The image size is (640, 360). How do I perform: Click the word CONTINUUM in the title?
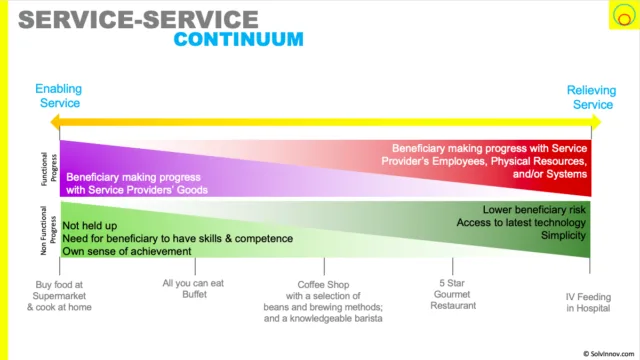(x=238, y=40)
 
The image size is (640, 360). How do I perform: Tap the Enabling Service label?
(x=59, y=96)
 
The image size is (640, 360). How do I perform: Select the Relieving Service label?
(x=592, y=98)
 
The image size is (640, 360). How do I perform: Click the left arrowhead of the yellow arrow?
(x=55, y=122)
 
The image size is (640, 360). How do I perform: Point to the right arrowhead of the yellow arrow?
(x=596, y=122)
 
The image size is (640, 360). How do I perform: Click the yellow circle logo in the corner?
(x=624, y=15)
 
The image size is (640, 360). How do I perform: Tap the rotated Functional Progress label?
(x=49, y=169)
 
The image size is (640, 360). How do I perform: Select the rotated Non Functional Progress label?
(x=49, y=230)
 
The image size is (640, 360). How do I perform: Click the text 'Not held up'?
(x=90, y=226)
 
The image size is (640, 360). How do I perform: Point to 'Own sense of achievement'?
(x=127, y=251)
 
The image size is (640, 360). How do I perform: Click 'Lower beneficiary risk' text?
(x=534, y=210)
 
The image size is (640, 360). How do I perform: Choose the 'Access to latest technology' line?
(x=521, y=222)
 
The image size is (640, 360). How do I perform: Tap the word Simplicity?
(x=563, y=236)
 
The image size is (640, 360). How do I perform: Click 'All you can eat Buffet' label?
(x=193, y=289)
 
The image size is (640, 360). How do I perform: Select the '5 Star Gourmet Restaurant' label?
(x=453, y=294)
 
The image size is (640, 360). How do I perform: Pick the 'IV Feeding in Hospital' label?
(x=588, y=302)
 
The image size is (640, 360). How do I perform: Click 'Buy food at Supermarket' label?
(x=59, y=290)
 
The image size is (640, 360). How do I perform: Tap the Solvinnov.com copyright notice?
(x=609, y=354)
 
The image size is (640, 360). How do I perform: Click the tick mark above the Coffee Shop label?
(x=324, y=266)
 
